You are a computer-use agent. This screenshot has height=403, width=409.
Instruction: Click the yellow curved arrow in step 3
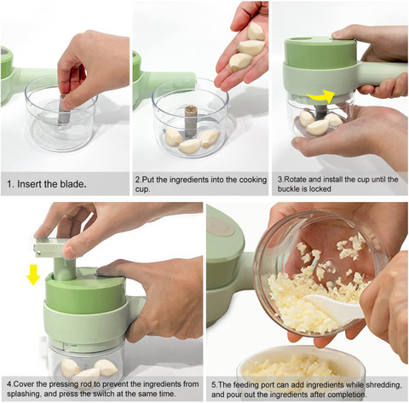[321, 97]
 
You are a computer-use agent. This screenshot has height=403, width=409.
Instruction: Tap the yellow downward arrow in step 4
[33, 274]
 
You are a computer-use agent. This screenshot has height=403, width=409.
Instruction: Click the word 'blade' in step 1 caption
[72, 184]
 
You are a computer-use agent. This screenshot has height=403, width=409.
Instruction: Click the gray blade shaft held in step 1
[64, 109]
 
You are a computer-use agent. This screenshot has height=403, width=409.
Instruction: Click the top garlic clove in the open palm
[256, 32]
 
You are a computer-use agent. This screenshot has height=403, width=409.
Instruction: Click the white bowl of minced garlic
[301, 365]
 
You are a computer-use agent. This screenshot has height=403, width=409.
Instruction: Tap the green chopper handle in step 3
[381, 73]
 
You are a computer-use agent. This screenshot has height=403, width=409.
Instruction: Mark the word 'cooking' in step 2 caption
[253, 180]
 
